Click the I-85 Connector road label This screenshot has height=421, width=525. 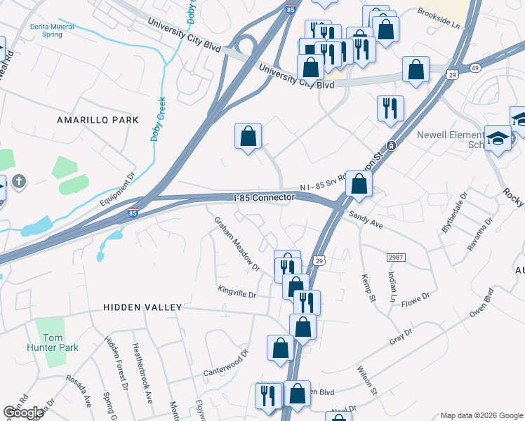263,199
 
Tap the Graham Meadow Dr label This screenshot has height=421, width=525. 237,244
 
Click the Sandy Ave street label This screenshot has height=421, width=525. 366,221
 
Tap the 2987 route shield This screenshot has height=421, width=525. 396,258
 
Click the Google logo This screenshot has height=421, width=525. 23,412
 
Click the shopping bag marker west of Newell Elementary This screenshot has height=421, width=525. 416,69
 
